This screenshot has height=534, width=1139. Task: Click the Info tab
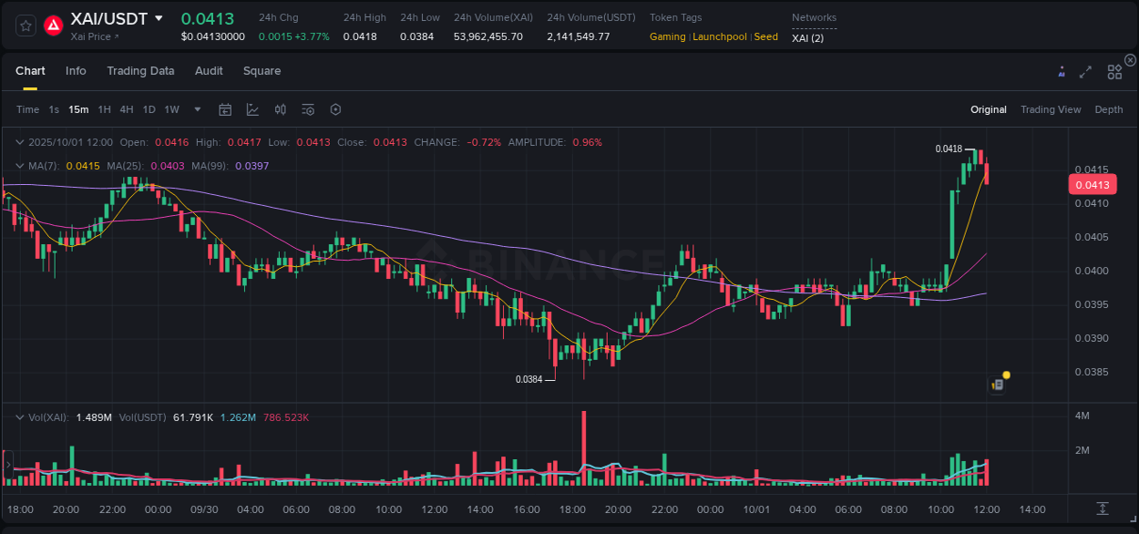pos(76,71)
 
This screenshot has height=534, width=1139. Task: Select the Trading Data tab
pos(140,71)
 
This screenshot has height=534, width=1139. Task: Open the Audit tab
pos(209,71)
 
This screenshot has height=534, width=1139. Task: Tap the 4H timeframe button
pos(126,109)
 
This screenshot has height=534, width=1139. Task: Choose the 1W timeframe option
pos(171,109)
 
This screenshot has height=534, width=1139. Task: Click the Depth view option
pos(1108,109)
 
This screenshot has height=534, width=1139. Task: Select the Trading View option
pos(1050,109)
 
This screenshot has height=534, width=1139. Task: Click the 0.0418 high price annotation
pos(949,149)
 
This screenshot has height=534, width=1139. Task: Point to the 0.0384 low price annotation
pos(528,379)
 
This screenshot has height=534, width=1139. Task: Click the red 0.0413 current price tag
pos(1092,185)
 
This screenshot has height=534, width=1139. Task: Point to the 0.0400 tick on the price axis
pos(1091,271)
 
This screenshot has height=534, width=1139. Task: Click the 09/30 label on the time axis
pos(204,509)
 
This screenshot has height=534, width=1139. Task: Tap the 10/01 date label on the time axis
pos(756,509)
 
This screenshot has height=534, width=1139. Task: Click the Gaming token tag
pos(667,36)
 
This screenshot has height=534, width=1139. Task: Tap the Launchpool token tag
pos(719,36)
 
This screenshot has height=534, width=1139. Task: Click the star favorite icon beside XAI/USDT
pos(26,26)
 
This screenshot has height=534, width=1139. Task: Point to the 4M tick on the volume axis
pos(1083,416)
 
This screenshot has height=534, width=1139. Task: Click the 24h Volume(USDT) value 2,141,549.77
pos(578,36)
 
